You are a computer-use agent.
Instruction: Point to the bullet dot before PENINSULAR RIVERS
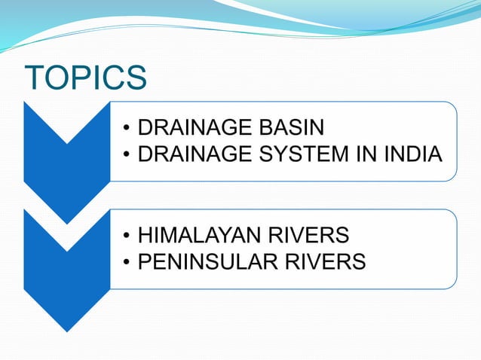point(127,263)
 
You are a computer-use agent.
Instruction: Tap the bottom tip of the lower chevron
point(67,330)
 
